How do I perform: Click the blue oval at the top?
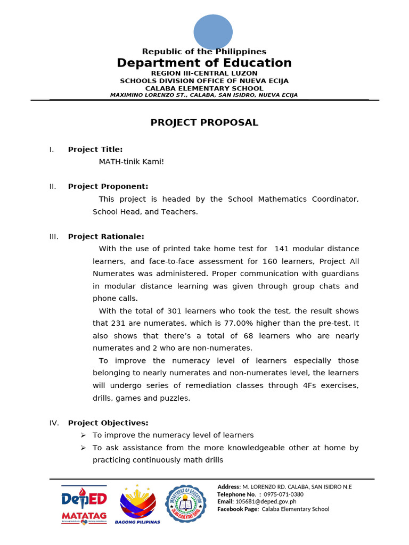(212, 31)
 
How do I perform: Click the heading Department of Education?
(204, 63)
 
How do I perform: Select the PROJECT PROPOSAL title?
(204, 122)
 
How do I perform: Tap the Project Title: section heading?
(95, 150)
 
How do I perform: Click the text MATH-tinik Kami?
(132, 162)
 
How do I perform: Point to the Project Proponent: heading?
(108, 186)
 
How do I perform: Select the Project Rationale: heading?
(105, 236)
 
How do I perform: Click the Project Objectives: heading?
(108, 423)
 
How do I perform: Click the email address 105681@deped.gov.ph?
(266, 502)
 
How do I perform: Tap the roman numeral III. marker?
(54, 236)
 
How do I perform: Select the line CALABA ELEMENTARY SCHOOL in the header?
(204, 88)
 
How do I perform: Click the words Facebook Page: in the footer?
(238, 509)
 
